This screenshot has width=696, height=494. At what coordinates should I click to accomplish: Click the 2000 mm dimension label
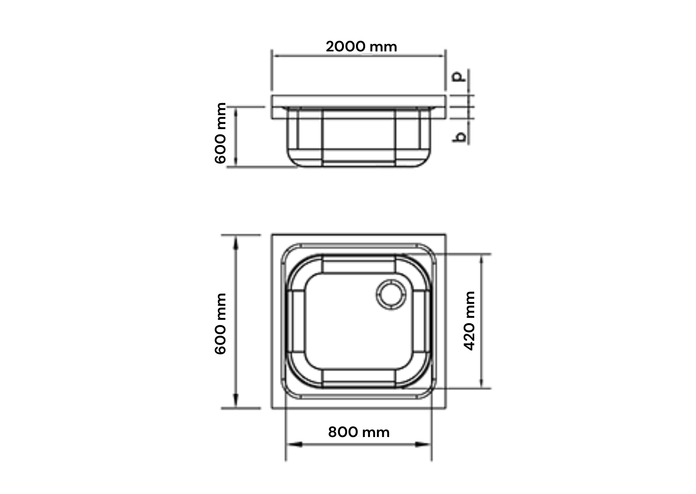tap(361, 47)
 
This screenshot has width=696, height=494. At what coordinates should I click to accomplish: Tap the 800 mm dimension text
tap(359, 432)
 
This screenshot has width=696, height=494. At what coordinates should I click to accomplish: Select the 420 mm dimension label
tap(470, 321)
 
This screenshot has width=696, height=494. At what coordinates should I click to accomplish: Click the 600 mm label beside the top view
tap(220, 323)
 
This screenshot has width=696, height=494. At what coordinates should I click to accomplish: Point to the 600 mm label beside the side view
tap(220, 133)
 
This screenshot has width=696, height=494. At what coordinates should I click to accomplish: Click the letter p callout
tap(459, 76)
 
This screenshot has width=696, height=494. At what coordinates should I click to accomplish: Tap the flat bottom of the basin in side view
tap(358, 163)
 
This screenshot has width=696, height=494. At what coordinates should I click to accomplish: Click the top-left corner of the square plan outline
tap(272, 235)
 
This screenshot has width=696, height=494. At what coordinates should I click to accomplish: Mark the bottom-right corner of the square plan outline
tap(445, 408)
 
